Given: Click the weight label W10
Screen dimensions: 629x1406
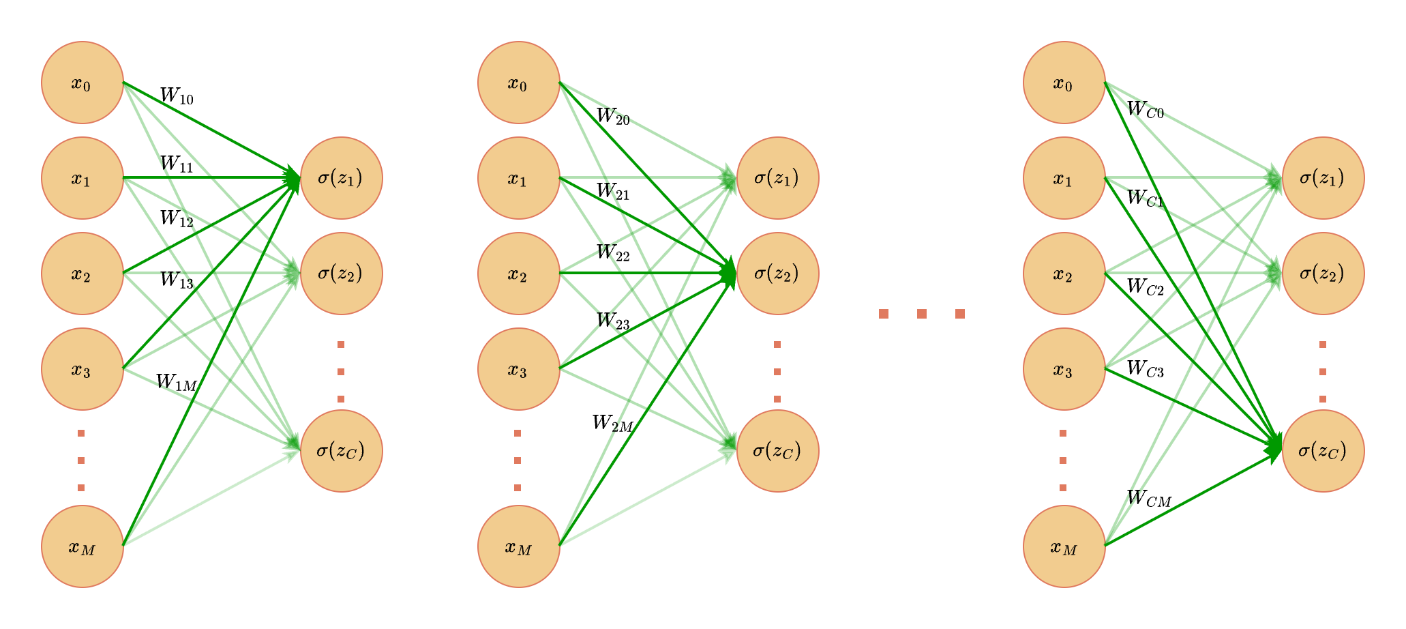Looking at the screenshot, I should pyautogui.click(x=177, y=96).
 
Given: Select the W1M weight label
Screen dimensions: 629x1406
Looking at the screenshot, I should pyautogui.click(x=177, y=383).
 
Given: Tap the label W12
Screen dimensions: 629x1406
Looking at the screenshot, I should pyautogui.click(x=177, y=219).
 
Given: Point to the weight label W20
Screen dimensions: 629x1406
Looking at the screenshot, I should pyautogui.click(x=613, y=117).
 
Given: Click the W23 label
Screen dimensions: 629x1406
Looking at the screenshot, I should pyautogui.click(x=613, y=321).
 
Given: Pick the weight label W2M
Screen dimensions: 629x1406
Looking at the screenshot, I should pyautogui.click(x=613, y=424).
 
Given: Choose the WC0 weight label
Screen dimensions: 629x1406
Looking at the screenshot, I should pyautogui.click(x=1145, y=109).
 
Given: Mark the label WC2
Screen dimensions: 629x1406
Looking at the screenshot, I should pyautogui.click(x=1145, y=287).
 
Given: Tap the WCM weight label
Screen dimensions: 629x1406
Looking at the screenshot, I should pyautogui.click(x=1149, y=499).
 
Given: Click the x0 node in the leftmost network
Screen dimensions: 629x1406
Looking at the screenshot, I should pyautogui.click(x=83, y=83).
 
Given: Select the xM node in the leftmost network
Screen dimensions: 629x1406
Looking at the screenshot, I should pyautogui.click(x=83, y=546).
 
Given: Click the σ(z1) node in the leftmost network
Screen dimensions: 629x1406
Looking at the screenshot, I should pyautogui.click(x=341, y=178).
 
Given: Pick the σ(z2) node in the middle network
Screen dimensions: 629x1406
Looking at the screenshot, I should pyautogui.click(x=777, y=274).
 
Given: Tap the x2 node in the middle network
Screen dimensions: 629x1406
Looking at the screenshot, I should pyautogui.click(x=519, y=274).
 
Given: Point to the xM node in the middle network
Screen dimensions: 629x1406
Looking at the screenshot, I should pyautogui.click(x=519, y=546).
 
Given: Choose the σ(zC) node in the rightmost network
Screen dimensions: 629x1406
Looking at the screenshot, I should pyautogui.click(x=1323, y=451).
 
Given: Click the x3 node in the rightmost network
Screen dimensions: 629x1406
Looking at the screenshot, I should pyautogui.click(x=1064, y=369).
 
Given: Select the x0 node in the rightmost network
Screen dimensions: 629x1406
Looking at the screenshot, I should pyautogui.click(x=1064, y=83).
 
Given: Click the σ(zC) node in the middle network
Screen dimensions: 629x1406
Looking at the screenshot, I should pyautogui.click(x=777, y=451).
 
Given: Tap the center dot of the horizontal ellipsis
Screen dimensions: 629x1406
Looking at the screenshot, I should pyautogui.click(x=922, y=314).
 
